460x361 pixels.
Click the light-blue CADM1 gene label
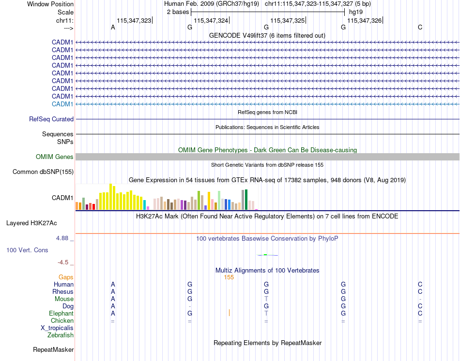pos(62,104)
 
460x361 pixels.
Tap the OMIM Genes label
pos(55,157)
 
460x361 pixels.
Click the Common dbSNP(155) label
pos(43,172)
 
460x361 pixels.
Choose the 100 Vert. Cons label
pos(27,250)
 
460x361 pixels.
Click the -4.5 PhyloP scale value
pos(63,262)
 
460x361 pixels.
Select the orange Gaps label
pos(66,277)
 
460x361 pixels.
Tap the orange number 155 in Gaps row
pos(229,277)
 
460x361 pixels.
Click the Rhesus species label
pos(63,292)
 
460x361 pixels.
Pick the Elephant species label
pos(61,314)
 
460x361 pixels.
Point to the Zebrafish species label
pos(61,335)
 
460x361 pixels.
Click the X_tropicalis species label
pos(57,328)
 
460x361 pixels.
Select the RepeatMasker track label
pos(53,349)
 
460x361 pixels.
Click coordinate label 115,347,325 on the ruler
pos(288,21)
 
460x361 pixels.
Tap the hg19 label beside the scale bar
pos(356,12)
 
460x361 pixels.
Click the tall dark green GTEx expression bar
pos(246,200)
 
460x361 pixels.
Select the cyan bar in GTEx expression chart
pos(144,205)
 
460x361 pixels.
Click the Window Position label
pos(50,4)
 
